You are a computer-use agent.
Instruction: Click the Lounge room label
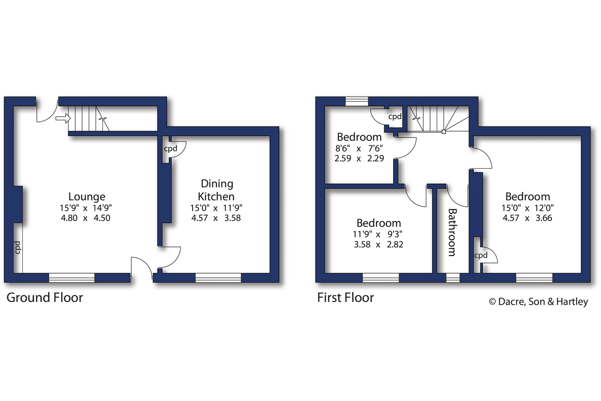tap(87, 196)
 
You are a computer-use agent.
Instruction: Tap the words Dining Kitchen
tap(217, 190)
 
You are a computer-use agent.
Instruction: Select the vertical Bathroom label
tap(452, 232)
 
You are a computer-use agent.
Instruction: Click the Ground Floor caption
tap(45, 297)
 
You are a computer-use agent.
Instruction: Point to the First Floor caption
tap(345, 297)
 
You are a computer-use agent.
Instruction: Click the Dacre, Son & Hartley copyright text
tap(539, 302)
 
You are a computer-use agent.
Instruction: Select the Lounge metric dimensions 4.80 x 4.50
tap(86, 218)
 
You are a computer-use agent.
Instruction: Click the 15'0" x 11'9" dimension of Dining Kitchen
tap(216, 208)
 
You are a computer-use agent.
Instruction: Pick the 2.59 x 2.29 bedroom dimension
tap(359, 158)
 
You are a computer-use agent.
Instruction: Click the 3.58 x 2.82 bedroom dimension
tap(379, 244)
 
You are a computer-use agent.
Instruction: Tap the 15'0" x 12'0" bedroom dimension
tap(528, 208)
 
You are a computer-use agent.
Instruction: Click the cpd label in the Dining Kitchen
tap(170, 149)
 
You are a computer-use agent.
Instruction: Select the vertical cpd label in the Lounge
tap(18, 248)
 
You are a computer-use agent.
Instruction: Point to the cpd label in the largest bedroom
tap(481, 255)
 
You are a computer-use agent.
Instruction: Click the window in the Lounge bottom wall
tap(72, 278)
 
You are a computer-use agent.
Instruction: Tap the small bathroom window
tap(453, 278)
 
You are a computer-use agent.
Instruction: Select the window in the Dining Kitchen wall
tap(218, 278)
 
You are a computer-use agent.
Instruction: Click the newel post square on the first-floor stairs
tap(444, 132)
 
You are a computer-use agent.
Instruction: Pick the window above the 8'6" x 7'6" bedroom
tap(357, 101)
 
